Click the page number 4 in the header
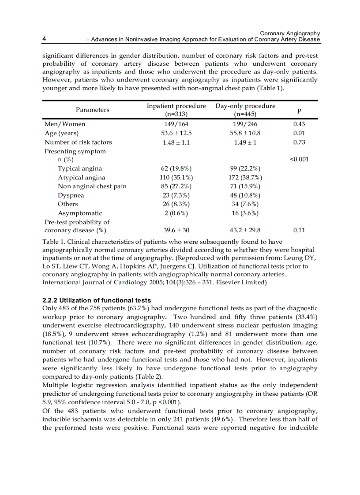(x=45, y=39)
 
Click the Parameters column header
(x=92, y=110)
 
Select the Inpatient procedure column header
(x=176, y=110)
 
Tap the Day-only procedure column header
(x=245, y=110)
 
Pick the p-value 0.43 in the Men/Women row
(x=299, y=124)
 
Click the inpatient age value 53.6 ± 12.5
(x=176, y=133)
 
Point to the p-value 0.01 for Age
(x=299, y=133)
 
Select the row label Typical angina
(x=79, y=168)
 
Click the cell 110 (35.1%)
(x=176, y=177)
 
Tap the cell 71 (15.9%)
(x=245, y=186)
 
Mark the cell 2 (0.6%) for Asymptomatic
(x=176, y=213)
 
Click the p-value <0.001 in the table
(x=299, y=160)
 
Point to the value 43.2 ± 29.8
(x=245, y=231)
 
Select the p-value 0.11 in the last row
(x=299, y=231)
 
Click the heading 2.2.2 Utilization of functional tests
(x=97, y=300)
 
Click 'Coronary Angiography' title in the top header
(x=290, y=33)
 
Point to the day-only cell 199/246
(x=245, y=124)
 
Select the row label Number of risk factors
(x=78, y=142)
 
